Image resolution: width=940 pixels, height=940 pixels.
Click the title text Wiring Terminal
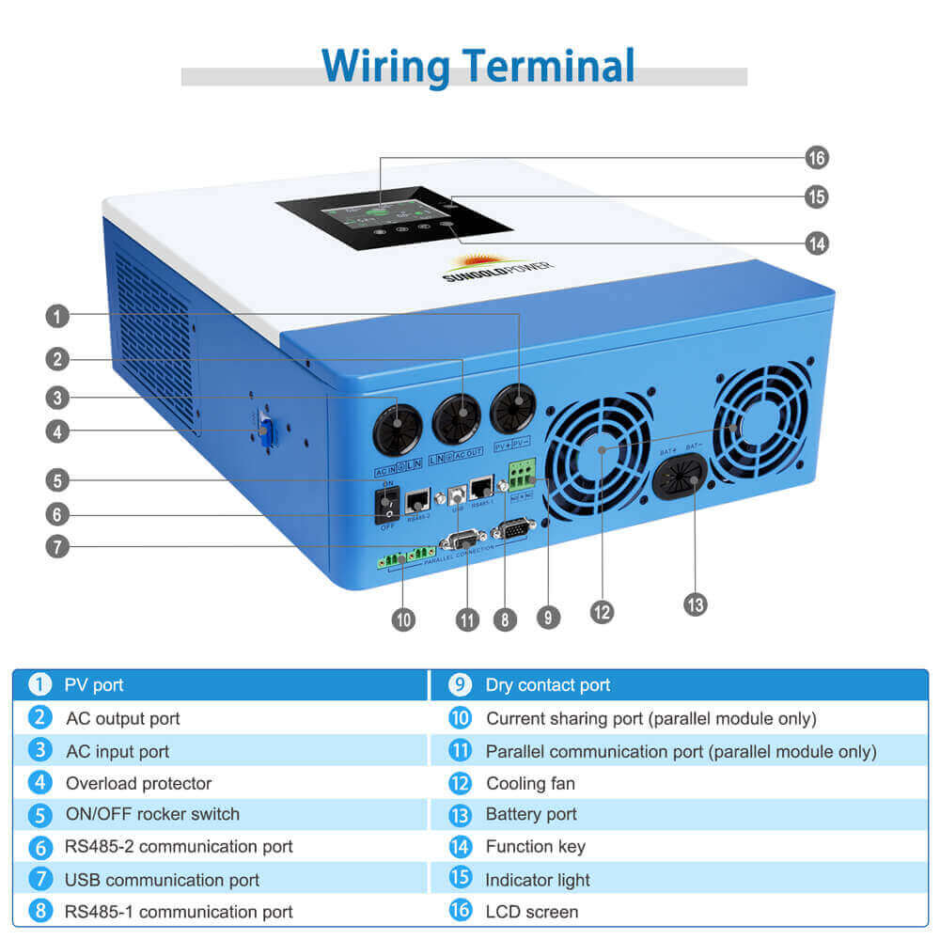tap(478, 66)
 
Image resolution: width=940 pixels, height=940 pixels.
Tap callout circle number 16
tap(817, 157)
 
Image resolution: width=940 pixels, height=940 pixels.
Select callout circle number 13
tap(695, 603)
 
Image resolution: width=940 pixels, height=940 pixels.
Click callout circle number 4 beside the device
tap(57, 432)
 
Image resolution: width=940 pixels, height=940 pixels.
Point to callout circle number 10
tap(403, 619)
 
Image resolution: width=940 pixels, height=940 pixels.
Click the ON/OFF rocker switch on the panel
tap(386, 505)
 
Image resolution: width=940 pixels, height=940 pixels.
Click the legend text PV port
tap(94, 685)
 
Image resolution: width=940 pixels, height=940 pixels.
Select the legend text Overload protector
tap(138, 783)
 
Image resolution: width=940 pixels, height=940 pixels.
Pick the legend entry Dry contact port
tap(547, 685)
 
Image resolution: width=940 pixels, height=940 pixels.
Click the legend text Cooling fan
tap(530, 783)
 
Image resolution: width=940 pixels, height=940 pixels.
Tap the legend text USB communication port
tap(162, 880)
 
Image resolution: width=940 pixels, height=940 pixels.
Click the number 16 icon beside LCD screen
tap(460, 911)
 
